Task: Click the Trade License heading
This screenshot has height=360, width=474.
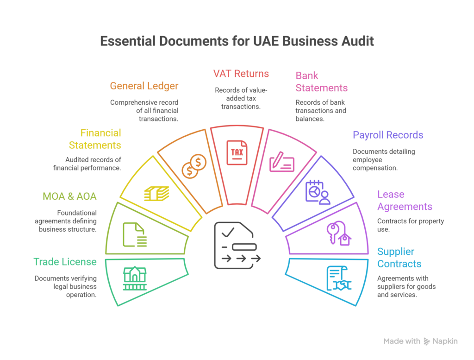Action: point(65,262)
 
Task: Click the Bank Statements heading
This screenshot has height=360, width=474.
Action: point(320,82)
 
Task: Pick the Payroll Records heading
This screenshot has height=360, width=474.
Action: point(388,135)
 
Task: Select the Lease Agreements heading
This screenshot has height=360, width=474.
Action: point(404,200)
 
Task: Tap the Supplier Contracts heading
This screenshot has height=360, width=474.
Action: point(399,259)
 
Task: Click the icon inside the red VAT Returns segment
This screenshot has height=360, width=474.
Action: point(237,153)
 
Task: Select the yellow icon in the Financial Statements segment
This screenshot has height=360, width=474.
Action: point(156,194)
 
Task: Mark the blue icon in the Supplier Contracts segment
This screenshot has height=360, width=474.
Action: point(338,278)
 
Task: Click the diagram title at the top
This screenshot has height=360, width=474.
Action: point(237,41)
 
